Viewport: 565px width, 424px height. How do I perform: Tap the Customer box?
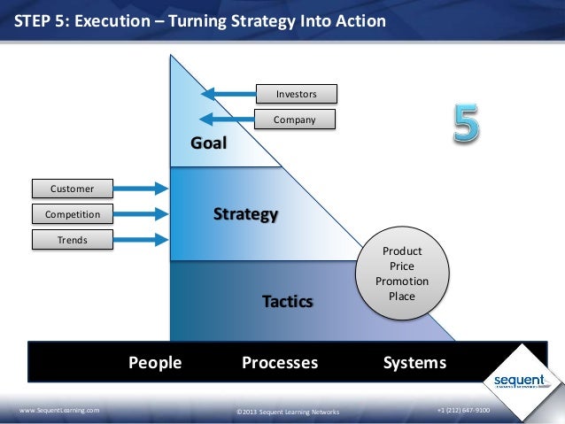point(73,188)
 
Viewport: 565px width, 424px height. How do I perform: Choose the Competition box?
point(73,213)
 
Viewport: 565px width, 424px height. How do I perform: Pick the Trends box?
point(73,239)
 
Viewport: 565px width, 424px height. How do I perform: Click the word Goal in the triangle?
point(210,143)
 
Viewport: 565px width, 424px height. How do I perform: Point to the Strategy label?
point(246,214)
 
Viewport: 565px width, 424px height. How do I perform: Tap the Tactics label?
point(287,302)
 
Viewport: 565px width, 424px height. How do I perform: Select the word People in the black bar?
point(155,363)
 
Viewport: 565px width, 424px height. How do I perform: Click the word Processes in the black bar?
point(280,363)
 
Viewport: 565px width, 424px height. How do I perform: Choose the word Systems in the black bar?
point(414,363)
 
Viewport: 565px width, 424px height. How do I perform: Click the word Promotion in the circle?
point(401,281)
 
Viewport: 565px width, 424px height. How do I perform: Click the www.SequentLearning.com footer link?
point(59,412)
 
